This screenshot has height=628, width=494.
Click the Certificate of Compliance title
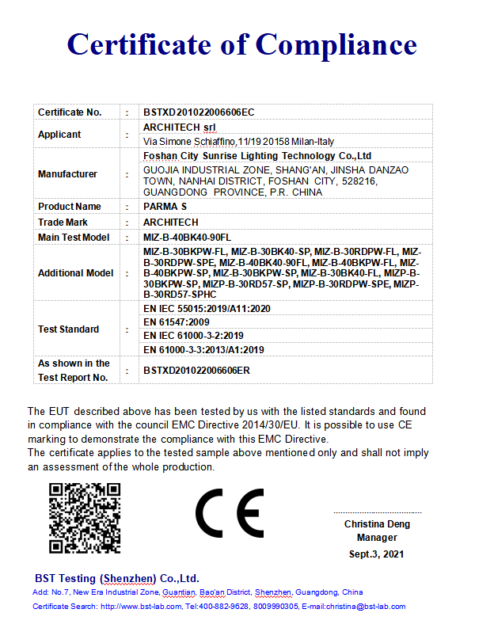coord(241,44)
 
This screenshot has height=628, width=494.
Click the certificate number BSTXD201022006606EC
coord(199,112)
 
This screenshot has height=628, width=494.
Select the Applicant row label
coord(59,135)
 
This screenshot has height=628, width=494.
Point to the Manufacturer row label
coord(67,174)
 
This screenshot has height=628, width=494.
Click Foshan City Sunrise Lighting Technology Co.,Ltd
coord(257,156)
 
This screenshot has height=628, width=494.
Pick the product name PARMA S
coord(165,207)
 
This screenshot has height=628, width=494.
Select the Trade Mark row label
coord(63,223)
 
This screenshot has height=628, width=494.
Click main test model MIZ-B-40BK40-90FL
coord(187,238)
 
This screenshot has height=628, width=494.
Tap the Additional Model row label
coord(75,273)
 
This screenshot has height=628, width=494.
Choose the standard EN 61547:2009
coord(176,322)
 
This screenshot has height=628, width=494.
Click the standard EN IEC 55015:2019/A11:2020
coord(207,309)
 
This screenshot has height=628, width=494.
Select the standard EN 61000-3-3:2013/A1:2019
coord(203,349)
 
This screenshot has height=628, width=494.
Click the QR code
coord(85,518)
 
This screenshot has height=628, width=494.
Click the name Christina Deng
coord(377,524)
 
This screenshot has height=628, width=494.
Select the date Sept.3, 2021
coord(377,554)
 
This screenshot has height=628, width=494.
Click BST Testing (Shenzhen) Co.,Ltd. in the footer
coord(117,578)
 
